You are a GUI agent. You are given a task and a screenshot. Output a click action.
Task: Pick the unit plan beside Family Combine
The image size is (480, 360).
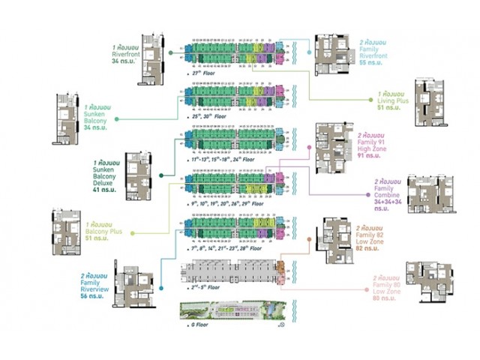pyautogui.click(x=429, y=196)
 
